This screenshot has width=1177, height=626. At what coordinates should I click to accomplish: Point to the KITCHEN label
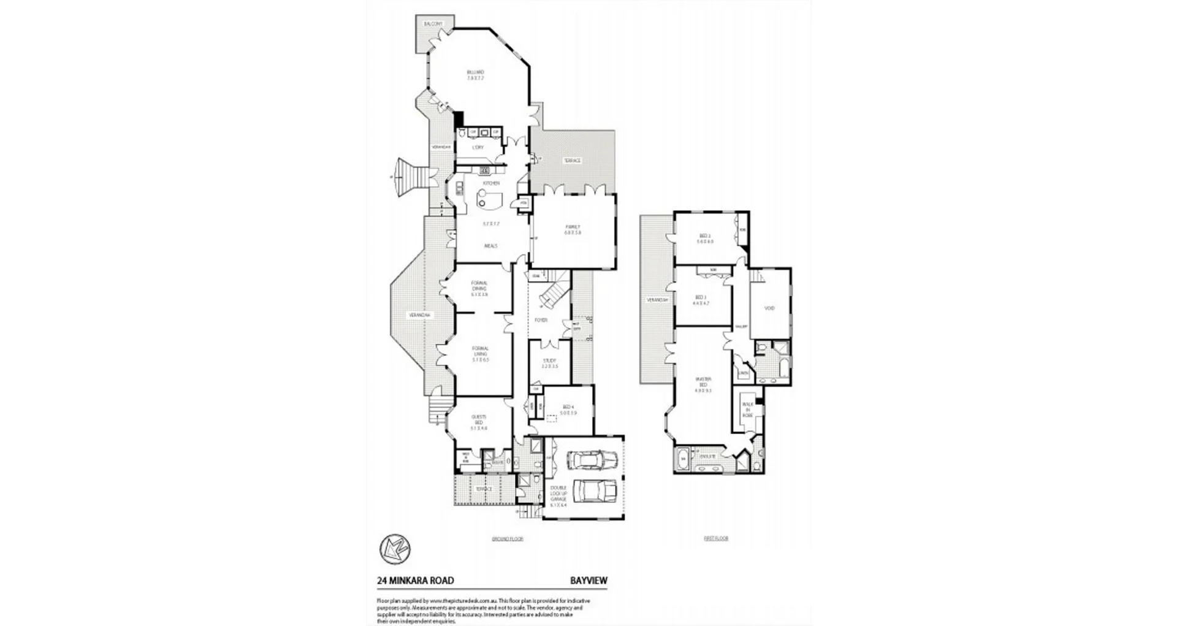[x=491, y=183]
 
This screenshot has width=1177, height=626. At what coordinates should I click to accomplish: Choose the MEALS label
[x=491, y=246]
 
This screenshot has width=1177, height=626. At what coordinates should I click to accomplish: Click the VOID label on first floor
[x=769, y=308]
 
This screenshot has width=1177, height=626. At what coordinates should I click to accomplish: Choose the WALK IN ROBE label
[x=747, y=409]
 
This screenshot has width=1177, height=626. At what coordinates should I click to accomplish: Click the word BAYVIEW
[x=588, y=581]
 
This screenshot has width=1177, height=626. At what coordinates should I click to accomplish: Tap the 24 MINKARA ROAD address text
[x=415, y=581]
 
